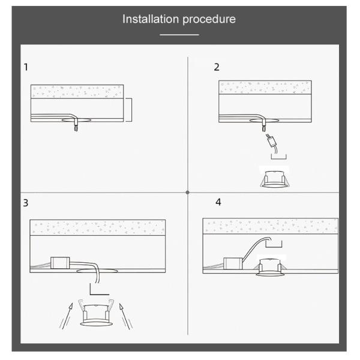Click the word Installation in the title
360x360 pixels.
[x=151, y=19]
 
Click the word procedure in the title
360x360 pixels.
[x=209, y=20]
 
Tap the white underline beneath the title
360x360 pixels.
[x=179, y=35]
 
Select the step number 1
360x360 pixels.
[x=26, y=67]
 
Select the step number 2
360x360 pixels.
[x=217, y=67]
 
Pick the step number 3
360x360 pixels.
[x=26, y=203]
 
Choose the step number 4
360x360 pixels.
[x=218, y=202]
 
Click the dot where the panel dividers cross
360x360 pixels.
[x=188, y=193]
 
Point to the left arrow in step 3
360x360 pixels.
[x=67, y=316]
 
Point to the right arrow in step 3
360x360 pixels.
[x=125, y=316]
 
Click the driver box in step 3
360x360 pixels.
[x=60, y=263]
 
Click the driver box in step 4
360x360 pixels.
[x=233, y=263]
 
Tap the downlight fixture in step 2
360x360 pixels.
[x=275, y=179]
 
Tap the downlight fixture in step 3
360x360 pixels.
[x=96, y=313]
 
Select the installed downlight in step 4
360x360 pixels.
[x=270, y=268]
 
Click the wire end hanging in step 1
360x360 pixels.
[x=76, y=128]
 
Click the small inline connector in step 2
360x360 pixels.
[x=271, y=141]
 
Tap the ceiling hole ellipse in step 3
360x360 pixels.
[x=97, y=271]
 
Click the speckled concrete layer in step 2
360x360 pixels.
[x=265, y=87]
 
